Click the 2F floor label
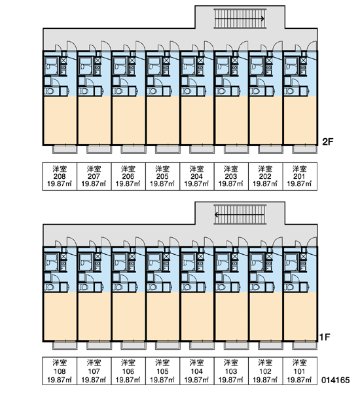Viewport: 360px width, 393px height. [327, 142]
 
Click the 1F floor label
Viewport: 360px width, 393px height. [325, 337]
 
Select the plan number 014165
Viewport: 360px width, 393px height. [335, 380]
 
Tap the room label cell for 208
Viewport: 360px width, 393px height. [60, 176]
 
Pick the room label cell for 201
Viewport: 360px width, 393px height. [300, 176]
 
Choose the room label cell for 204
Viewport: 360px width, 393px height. [197, 176]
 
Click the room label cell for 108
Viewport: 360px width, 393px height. [60, 371]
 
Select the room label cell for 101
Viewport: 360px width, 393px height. [300, 371]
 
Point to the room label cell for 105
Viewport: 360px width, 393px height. [162, 371]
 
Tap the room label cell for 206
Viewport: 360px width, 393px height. [128, 176]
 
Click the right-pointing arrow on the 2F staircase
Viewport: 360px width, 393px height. [240, 18]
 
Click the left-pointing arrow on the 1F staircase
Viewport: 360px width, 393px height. [240, 215]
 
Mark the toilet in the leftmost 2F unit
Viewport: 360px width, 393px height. [49, 91]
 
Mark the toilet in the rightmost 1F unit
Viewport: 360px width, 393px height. [289, 287]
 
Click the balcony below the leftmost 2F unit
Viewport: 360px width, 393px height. [65, 149]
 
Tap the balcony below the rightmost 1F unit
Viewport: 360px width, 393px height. [305, 345]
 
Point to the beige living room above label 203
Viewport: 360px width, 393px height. [232, 120]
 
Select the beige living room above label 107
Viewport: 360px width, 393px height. [94, 316]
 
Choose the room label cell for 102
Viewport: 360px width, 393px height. [266, 371]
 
